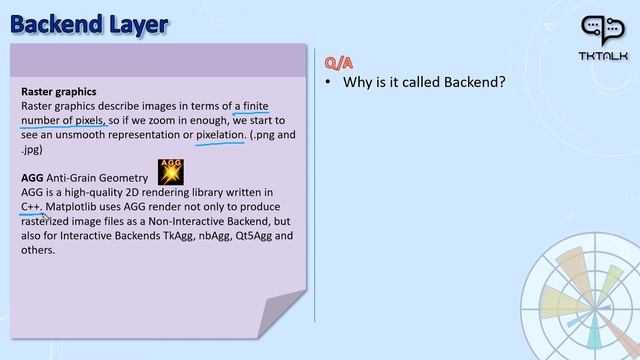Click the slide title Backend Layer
point(89,21)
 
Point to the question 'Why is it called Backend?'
point(424,82)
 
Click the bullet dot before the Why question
point(328,82)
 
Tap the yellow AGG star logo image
point(172,171)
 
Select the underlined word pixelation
point(221,134)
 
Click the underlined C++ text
point(31,206)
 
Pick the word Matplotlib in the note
point(77,206)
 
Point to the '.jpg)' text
point(33,148)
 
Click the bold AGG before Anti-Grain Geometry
point(32,177)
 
